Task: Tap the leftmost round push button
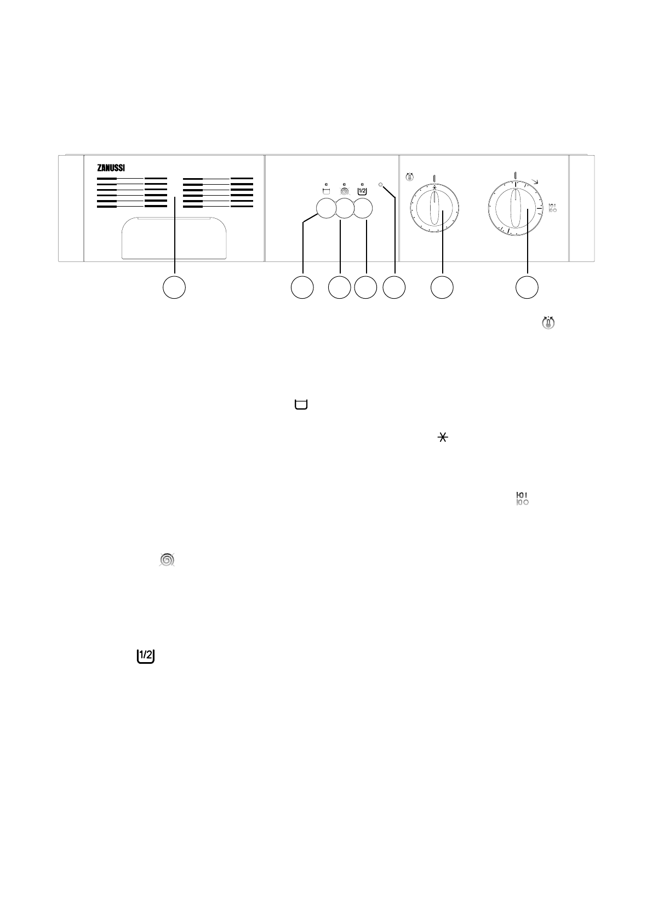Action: (325, 209)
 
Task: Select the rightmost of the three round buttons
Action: (363, 209)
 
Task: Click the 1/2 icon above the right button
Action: (363, 191)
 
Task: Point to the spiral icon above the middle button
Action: (344, 192)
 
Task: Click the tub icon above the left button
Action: (327, 192)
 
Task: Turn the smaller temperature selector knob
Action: (434, 208)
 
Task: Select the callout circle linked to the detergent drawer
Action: (174, 288)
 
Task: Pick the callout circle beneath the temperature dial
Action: (442, 288)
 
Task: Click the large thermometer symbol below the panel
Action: (548, 323)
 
